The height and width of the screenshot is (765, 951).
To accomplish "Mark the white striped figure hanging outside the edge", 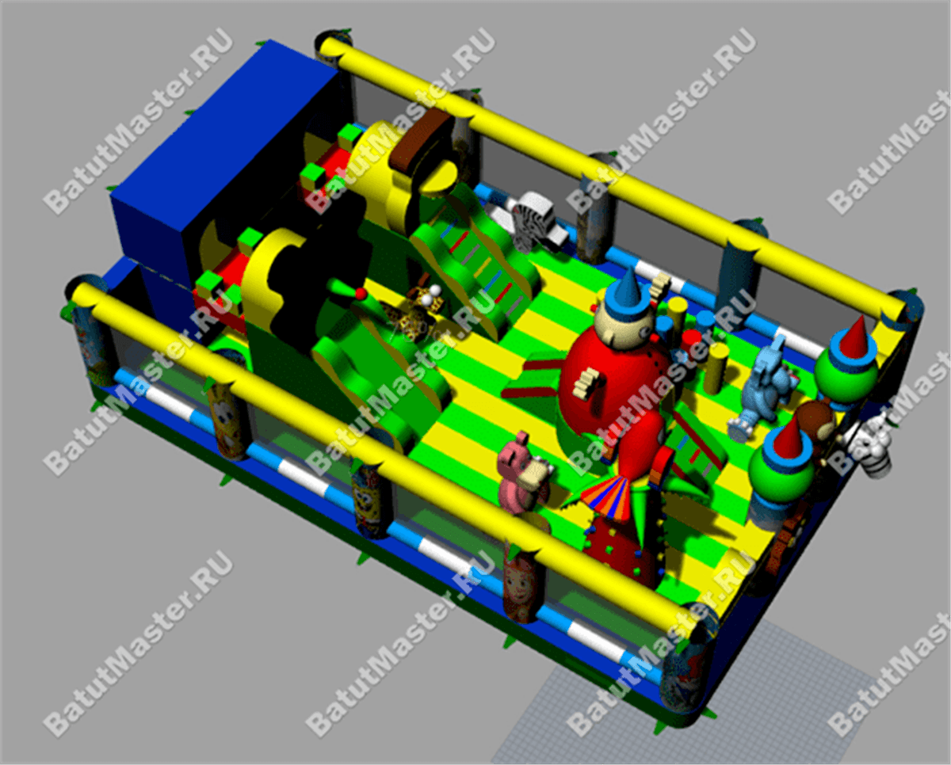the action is pos(873,446).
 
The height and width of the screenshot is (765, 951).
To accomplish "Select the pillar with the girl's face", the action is pos(522,583).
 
